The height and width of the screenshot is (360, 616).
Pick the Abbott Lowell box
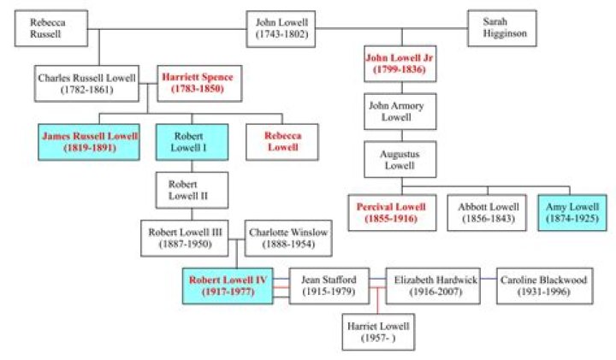coord(485,213)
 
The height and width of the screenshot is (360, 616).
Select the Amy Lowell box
coord(573,213)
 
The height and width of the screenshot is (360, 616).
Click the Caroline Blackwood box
coord(545,286)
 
